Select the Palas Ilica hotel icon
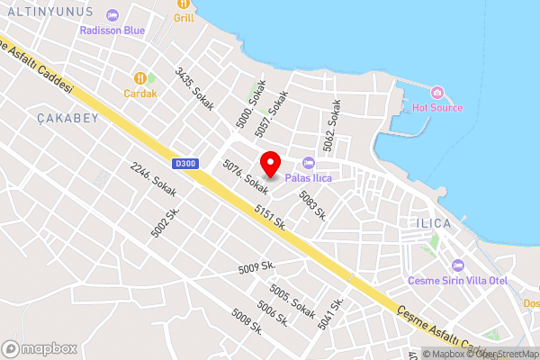309,163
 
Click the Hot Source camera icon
436,93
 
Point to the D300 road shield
184,164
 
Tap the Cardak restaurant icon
140,77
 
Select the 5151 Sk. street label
269,216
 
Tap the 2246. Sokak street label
152,179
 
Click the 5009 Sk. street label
256,267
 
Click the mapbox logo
39,347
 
